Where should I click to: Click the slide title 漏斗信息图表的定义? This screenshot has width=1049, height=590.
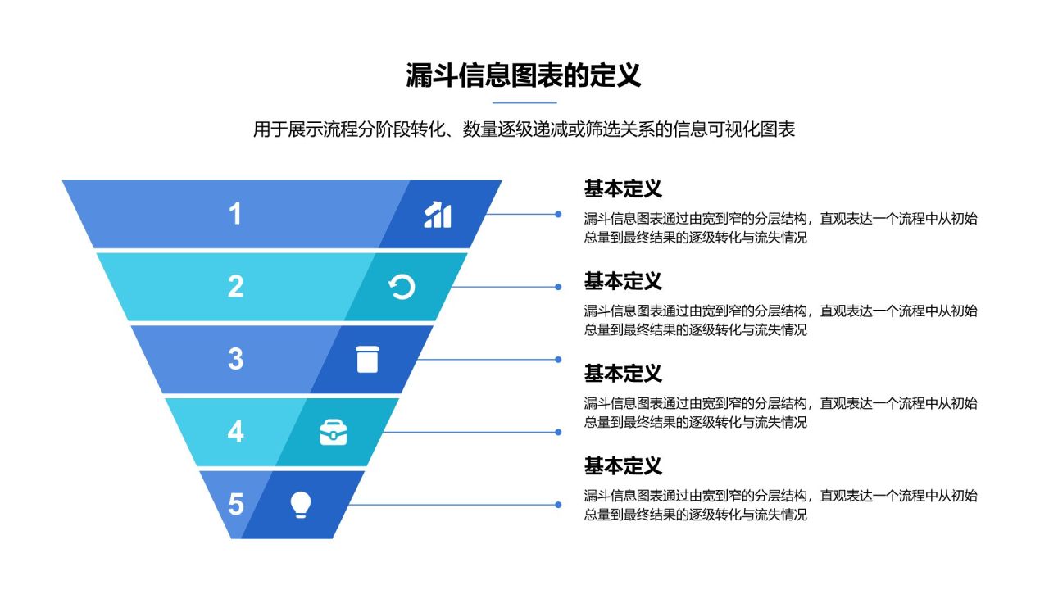pyautogui.click(x=524, y=75)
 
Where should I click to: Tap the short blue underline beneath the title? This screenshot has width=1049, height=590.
pyautogui.click(x=524, y=103)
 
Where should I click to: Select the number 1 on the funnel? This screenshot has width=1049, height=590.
pyautogui.click(x=235, y=214)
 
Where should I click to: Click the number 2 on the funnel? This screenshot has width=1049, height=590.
pyautogui.click(x=235, y=286)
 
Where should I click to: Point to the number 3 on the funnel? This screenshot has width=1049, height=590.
pyautogui.click(x=235, y=359)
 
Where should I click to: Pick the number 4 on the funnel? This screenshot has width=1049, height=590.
pyautogui.click(x=235, y=431)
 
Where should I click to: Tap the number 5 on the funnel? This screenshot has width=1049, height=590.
pyautogui.click(x=235, y=504)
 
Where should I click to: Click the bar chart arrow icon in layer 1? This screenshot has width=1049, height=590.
pyautogui.click(x=438, y=215)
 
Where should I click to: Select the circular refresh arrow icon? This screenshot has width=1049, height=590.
pyautogui.click(x=402, y=287)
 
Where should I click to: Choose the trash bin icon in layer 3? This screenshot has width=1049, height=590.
pyautogui.click(x=367, y=359)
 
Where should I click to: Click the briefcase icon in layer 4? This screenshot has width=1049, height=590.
pyautogui.click(x=333, y=432)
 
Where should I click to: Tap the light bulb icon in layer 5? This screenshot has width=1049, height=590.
pyautogui.click(x=301, y=504)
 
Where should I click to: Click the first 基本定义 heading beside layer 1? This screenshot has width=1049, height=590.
pyautogui.click(x=623, y=189)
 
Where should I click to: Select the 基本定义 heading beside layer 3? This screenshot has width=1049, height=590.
pyautogui.click(x=623, y=374)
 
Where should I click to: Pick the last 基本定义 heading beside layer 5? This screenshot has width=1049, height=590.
pyautogui.click(x=623, y=466)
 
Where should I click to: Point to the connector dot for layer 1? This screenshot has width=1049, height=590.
pyautogui.click(x=558, y=215)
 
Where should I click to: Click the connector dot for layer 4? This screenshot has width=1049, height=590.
pyautogui.click(x=558, y=432)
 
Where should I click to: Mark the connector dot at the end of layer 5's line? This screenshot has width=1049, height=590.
pyautogui.click(x=558, y=504)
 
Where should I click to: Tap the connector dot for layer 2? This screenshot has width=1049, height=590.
pyautogui.click(x=558, y=287)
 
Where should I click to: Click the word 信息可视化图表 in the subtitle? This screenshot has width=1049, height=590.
pyautogui.click(x=734, y=129)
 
